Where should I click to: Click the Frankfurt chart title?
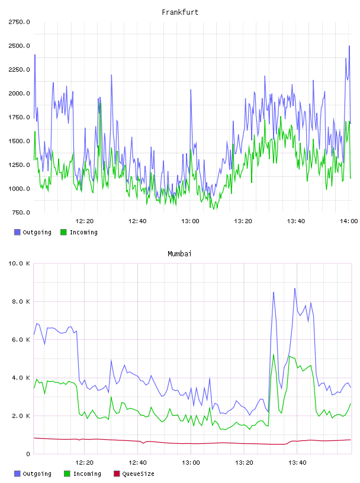(x=180, y=12)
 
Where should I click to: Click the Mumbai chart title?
(x=179, y=253)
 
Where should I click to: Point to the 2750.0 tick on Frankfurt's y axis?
(x=19, y=22)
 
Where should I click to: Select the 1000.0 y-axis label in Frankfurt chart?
(x=19, y=188)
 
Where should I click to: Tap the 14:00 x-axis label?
(x=349, y=221)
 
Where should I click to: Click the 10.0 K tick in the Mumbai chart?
(x=19, y=263)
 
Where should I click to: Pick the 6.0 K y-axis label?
(x=21, y=339)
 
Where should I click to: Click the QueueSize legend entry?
(x=138, y=474)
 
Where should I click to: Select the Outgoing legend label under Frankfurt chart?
(x=37, y=232)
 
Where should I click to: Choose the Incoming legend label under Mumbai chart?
(x=87, y=474)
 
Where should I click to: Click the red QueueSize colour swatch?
(x=117, y=474)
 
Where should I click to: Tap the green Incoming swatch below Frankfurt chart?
(x=63, y=232)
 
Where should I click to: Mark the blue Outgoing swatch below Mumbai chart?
(x=17, y=474)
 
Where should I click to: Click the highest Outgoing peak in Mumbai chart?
(x=295, y=289)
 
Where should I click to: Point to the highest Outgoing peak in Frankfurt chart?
(x=349, y=46)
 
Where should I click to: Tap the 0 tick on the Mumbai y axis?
(x=28, y=454)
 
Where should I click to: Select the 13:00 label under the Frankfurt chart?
(x=190, y=221)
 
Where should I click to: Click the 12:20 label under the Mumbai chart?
(x=85, y=462)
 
